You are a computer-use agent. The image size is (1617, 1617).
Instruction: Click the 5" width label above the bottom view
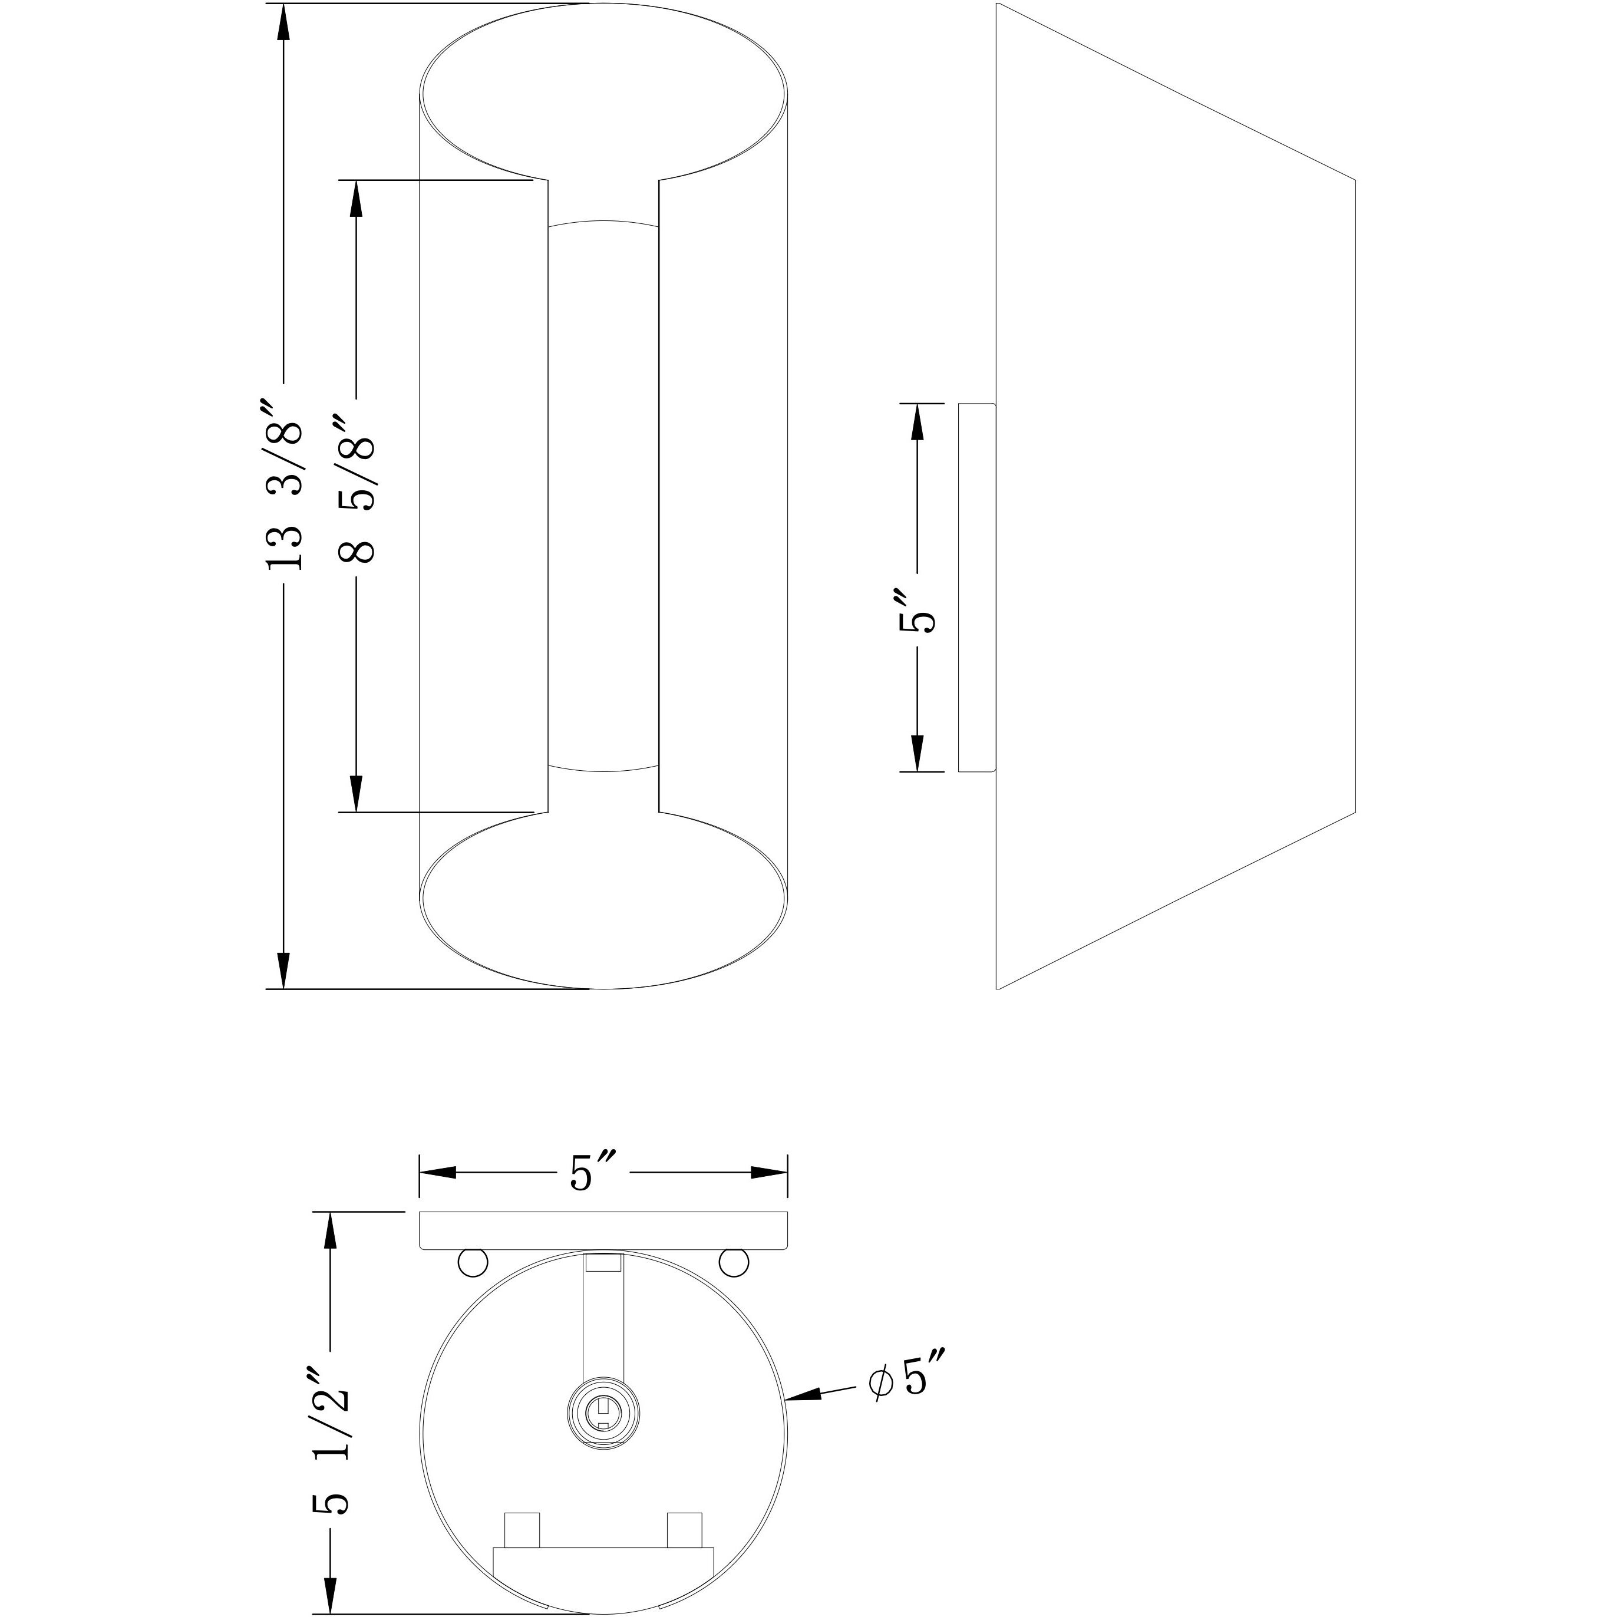pyautogui.click(x=593, y=1173)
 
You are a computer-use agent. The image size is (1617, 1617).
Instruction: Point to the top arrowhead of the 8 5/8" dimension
pyautogui.click(x=356, y=199)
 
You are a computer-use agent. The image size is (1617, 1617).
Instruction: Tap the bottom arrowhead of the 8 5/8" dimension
pyautogui.click(x=356, y=793)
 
